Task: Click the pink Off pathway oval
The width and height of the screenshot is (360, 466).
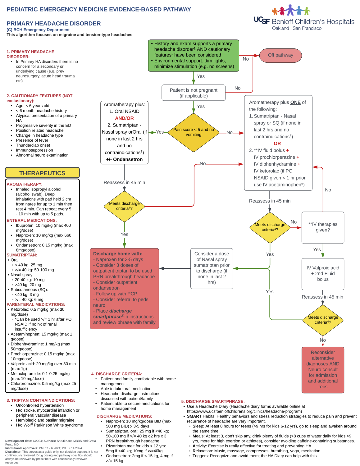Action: pos(280,55)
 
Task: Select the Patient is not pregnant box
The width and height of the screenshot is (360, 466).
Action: pos(194,93)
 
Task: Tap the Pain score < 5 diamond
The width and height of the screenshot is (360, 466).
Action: pos(194,132)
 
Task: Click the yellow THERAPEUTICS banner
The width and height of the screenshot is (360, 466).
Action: pos(42,173)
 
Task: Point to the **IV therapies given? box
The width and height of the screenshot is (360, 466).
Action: pos(323,227)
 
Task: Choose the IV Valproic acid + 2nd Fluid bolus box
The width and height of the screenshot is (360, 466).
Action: pos(323,274)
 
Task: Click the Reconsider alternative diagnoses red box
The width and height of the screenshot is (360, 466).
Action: pos(323,370)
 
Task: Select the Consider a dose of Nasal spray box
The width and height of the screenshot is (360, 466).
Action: pos(212,268)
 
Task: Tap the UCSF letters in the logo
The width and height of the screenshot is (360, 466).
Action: pos(262,21)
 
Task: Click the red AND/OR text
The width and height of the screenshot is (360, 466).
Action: pos(124,118)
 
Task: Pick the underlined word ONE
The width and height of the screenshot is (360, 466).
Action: pos(295,102)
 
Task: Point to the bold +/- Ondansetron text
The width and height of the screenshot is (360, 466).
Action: pos(124,159)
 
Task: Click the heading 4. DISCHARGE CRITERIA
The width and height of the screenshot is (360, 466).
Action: pos(117,374)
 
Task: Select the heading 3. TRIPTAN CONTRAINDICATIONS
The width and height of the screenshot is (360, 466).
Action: pos(41,400)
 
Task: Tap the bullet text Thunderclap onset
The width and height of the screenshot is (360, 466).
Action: pos(33,145)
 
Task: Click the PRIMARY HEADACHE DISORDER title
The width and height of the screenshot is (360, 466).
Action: pos(54,23)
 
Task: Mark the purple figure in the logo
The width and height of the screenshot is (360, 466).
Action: pos(290,10)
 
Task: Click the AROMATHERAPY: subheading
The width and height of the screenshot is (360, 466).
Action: pos(25,184)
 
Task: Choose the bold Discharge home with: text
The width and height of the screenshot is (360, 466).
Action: pos(118,254)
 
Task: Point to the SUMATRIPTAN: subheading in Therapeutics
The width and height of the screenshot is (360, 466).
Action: pos(22,255)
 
